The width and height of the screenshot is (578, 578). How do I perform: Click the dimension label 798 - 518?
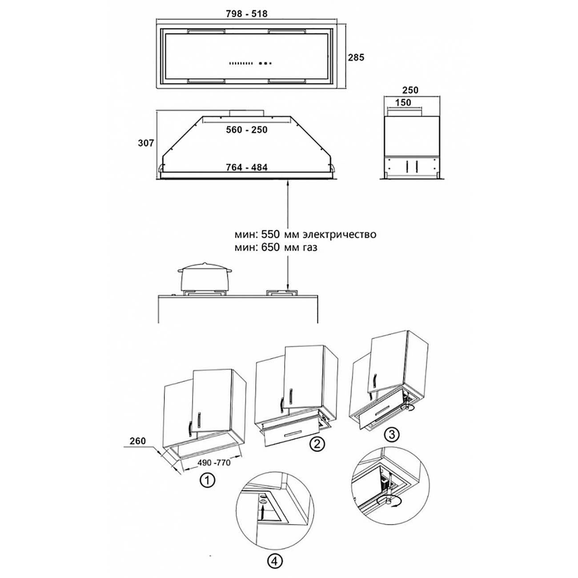(247, 14)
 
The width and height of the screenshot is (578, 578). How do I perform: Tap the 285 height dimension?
(356, 57)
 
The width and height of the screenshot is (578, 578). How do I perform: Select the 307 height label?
(146, 143)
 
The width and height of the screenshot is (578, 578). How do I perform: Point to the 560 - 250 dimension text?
(247, 130)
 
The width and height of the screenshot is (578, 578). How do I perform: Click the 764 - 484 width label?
(247, 167)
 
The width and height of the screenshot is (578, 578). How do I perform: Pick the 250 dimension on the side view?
(410, 90)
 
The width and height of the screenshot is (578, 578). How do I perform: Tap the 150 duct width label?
(403, 103)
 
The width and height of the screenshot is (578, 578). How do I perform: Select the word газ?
(310, 248)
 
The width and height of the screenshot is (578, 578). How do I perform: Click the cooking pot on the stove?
(205, 277)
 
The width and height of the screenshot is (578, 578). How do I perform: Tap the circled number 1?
(207, 481)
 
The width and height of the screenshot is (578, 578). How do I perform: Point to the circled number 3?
(392, 434)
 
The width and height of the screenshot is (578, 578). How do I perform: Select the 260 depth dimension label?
(138, 441)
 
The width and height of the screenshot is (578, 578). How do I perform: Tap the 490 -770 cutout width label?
(214, 463)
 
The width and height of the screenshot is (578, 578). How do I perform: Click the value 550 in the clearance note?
(270, 234)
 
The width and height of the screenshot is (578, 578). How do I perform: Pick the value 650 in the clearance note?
(270, 248)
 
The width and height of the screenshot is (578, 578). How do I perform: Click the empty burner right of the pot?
(281, 293)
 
